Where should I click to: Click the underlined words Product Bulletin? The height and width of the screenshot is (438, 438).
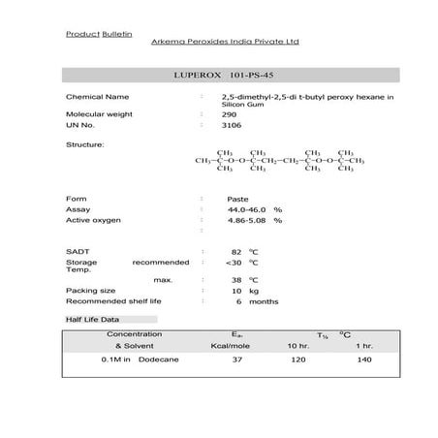coord(90,33)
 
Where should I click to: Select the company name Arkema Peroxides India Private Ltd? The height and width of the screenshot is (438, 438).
coord(226,42)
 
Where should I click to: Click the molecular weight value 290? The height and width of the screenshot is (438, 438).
coord(228,113)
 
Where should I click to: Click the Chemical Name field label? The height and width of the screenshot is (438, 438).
coord(97,98)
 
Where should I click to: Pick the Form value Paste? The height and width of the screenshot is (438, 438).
coord(237,198)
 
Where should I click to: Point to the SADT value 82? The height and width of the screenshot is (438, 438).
coord(236,251)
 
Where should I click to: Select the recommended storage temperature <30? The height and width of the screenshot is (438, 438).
coord(233,262)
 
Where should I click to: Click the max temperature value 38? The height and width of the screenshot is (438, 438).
coord(236,279)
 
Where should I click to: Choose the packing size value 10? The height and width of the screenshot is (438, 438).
coord(236,290)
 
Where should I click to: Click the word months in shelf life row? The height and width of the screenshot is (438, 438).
coord(264,301)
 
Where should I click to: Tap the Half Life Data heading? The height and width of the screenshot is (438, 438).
coord(92,319)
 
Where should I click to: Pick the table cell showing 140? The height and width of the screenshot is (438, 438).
coord(363,360)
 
